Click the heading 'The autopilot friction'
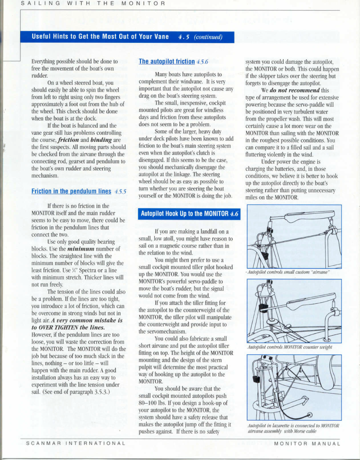167,61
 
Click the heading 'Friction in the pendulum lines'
71,191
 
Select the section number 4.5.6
202,62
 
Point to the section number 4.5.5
120,192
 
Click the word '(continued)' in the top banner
208,37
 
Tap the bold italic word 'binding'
101,140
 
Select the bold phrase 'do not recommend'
295,90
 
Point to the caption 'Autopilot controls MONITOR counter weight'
290,347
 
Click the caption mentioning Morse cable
293,429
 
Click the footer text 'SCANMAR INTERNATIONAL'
76,443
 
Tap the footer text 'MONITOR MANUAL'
307,443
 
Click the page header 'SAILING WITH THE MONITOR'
93,4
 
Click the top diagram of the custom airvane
294,237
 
